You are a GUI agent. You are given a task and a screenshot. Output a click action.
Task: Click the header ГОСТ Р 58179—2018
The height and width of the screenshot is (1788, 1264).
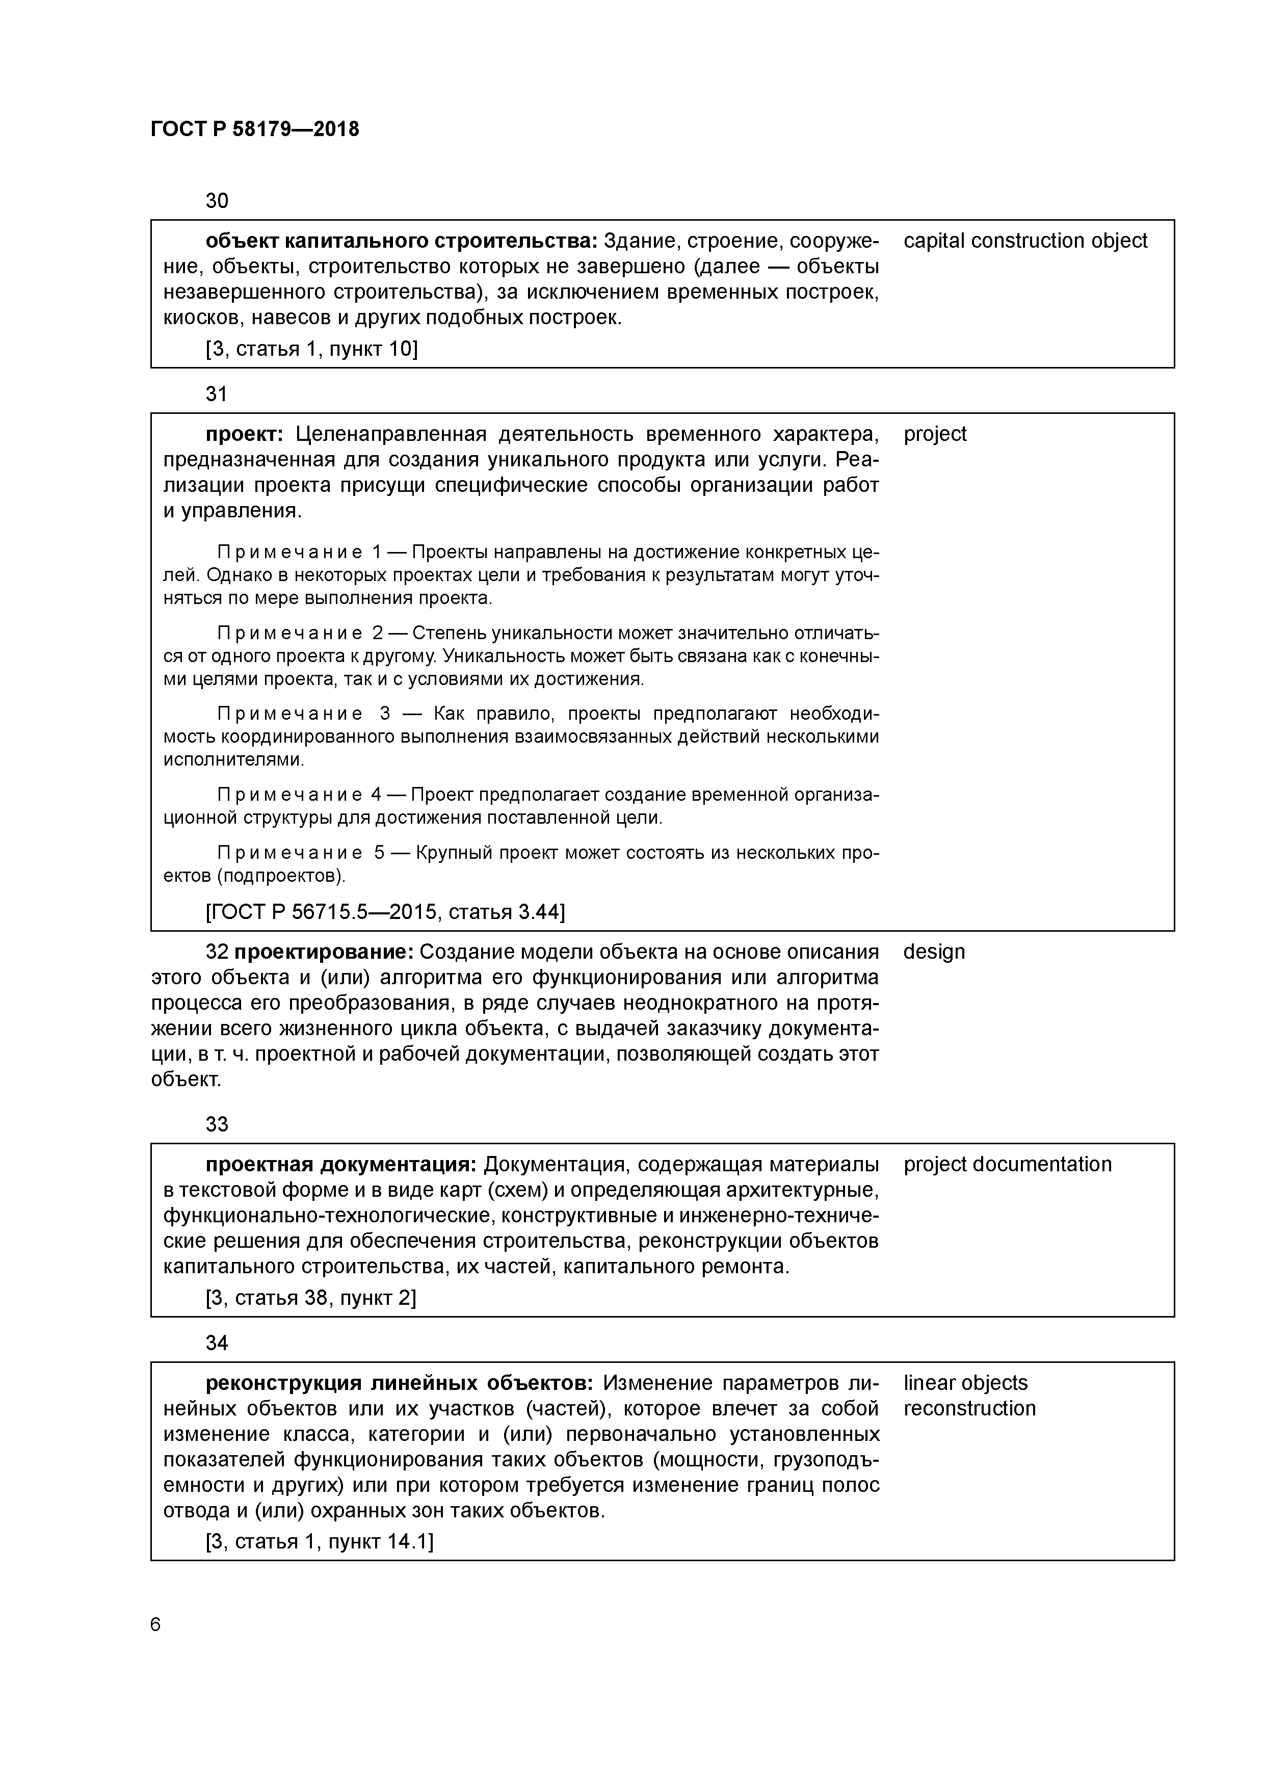coord(255,129)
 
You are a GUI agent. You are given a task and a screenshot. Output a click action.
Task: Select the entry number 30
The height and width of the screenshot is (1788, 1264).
coord(217,201)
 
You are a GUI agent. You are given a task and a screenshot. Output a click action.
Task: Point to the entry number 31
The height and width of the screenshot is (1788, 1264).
coord(217,394)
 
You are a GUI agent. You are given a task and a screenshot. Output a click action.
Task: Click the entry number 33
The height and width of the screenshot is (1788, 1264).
coord(217,1124)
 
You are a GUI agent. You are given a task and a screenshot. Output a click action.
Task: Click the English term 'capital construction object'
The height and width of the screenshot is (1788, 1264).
coord(1025,241)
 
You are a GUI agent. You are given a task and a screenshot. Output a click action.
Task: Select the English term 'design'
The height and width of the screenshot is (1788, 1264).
coord(934,952)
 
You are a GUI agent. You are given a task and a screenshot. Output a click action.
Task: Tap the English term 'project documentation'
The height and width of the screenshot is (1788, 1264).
coord(1007,1164)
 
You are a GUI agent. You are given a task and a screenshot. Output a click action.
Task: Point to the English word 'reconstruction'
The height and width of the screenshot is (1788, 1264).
coord(969,1408)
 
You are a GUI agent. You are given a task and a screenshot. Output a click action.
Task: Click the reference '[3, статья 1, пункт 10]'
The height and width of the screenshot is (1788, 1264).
coord(311,349)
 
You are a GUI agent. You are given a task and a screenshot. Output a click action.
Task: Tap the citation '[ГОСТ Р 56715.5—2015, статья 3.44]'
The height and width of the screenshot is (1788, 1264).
coord(385,912)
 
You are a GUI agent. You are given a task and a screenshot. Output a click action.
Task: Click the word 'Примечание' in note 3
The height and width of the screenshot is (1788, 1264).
coord(289,714)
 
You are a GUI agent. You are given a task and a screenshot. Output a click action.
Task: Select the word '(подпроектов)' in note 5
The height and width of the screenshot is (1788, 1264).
coord(281,876)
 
